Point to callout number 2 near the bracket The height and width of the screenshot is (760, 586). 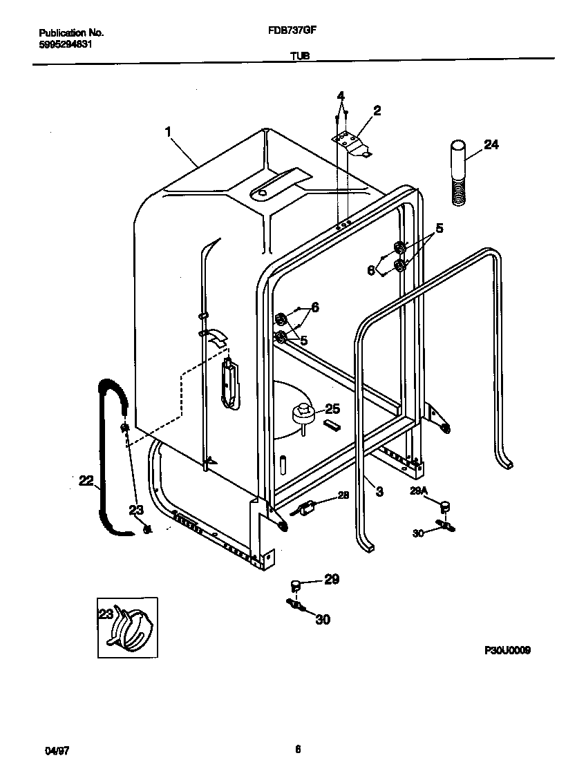(x=377, y=110)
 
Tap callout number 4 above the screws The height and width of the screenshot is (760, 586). (x=341, y=95)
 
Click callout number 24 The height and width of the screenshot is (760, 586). (x=491, y=144)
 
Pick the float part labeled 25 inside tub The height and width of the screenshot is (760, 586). (x=302, y=414)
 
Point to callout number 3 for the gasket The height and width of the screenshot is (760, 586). (x=379, y=491)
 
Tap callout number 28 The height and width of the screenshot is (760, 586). (x=343, y=495)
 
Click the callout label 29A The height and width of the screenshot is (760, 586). (x=419, y=490)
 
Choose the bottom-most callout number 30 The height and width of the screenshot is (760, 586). (x=323, y=620)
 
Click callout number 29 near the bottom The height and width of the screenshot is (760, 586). (x=332, y=579)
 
